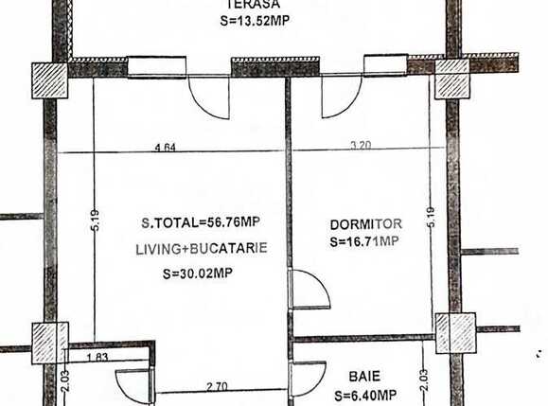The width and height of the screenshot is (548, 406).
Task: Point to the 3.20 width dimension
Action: pyautogui.click(x=362, y=145)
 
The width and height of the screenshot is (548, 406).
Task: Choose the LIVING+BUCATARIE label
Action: pyautogui.click(x=200, y=248)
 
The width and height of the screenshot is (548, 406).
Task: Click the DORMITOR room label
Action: pyautogui.click(x=366, y=224)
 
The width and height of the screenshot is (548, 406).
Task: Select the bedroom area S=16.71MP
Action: pyautogui.click(x=365, y=242)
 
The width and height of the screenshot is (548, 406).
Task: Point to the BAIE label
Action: pyautogui.click(x=363, y=376)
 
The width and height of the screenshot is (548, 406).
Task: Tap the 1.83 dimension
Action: pyautogui.click(x=97, y=357)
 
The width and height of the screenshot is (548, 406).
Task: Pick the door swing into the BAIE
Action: pyautogui.click(x=308, y=378)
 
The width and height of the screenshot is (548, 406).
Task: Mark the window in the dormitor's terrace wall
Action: pyautogui.click(x=385, y=64)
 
